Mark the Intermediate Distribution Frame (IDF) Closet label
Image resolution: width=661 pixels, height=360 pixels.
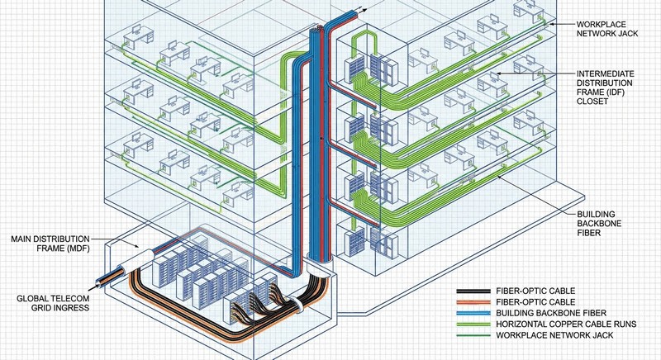pos(611,84)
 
